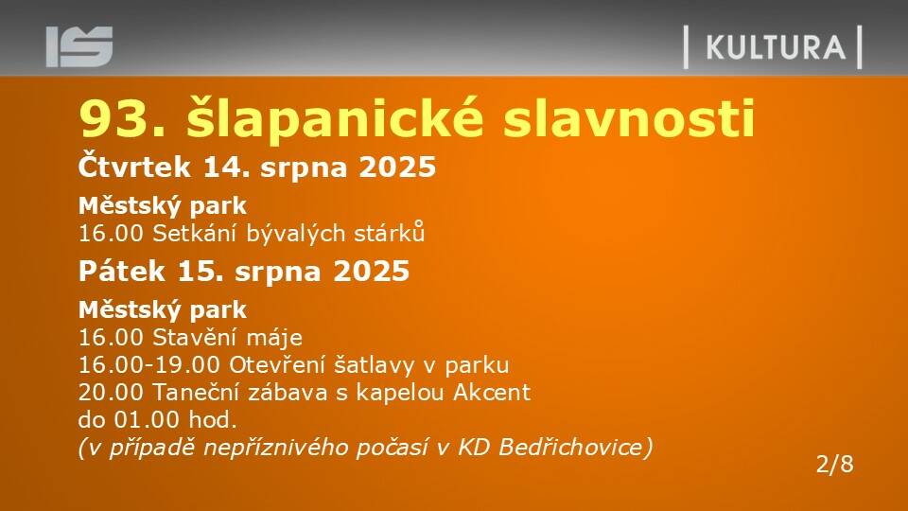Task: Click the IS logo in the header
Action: (79, 46)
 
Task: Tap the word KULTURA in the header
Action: (776, 47)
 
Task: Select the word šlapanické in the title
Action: (335, 119)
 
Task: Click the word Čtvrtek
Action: (134, 167)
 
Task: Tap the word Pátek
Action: (122, 272)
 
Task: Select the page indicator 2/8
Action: (834, 464)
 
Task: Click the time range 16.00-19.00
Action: (149, 365)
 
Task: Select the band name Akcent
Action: (492, 392)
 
